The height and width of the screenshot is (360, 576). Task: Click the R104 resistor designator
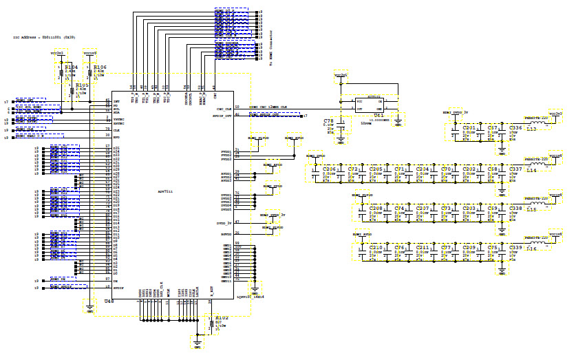(71, 67)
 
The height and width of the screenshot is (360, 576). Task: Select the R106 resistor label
(100, 67)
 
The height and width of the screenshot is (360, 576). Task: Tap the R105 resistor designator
(82, 85)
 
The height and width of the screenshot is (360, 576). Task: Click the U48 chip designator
(107, 301)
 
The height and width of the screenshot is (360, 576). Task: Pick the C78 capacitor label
(328, 120)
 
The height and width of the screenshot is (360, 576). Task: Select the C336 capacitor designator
(515, 128)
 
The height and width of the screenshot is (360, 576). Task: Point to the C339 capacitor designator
(515, 247)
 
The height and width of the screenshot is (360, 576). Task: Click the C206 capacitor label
(330, 169)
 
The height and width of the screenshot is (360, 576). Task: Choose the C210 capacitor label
(376, 247)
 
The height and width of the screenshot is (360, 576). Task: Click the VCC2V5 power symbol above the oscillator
(341, 74)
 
